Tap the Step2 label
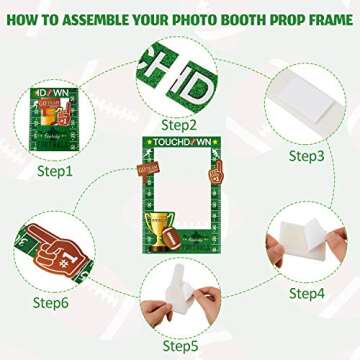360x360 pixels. pos(178,125)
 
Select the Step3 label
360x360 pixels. pos(307,155)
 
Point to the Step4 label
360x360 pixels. pos(307,293)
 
